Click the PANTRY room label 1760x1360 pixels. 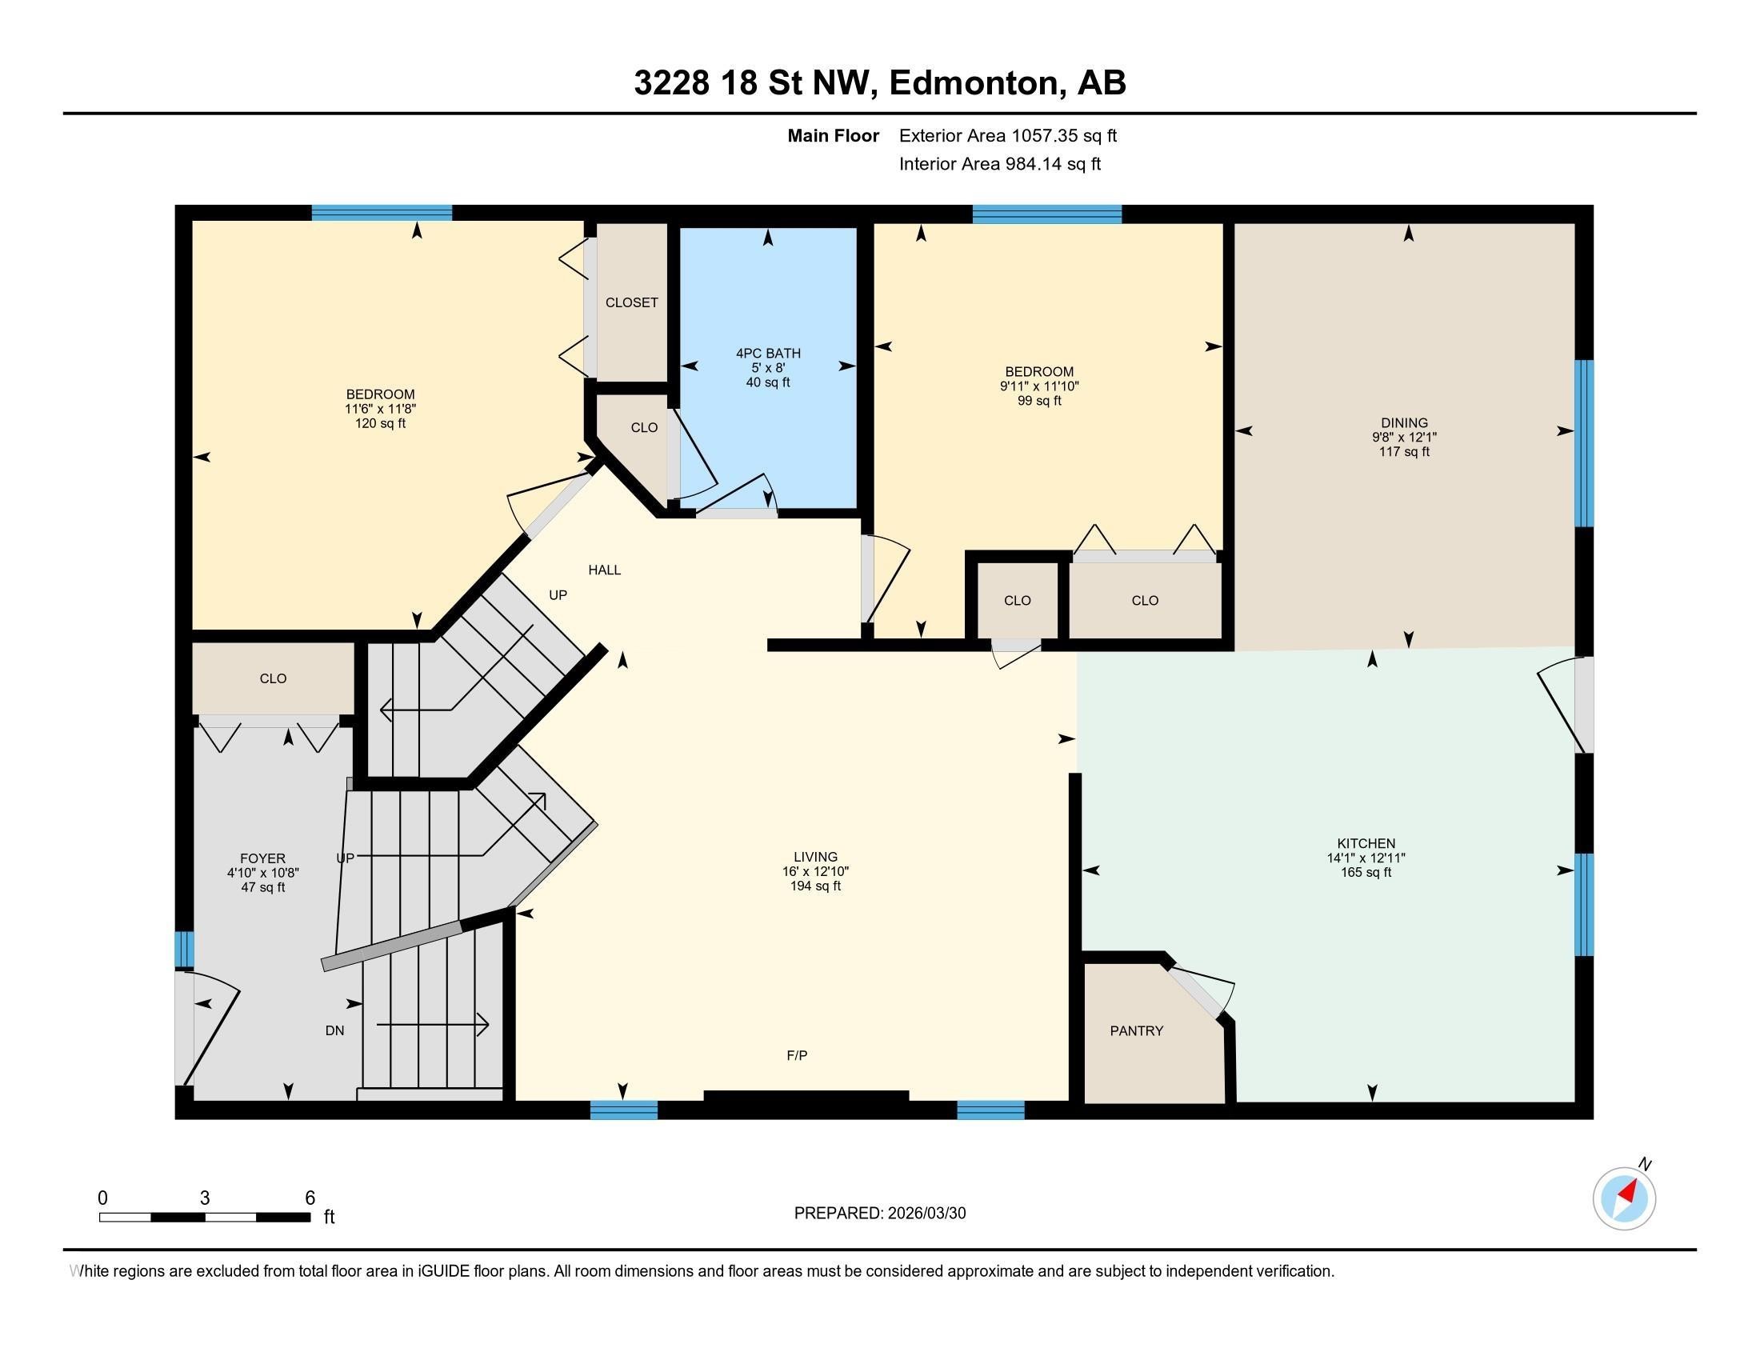click(1136, 1030)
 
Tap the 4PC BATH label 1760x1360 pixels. click(768, 353)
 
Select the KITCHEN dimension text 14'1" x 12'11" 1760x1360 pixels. click(1366, 858)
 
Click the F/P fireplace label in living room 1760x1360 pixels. click(797, 1054)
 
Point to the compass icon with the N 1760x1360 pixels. click(1624, 1198)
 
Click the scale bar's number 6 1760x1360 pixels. click(310, 1198)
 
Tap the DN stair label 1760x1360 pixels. click(334, 1030)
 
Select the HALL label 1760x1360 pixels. click(604, 570)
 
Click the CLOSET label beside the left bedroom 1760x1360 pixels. click(632, 302)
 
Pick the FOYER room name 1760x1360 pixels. click(262, 859)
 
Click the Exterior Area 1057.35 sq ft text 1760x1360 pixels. click(1007, 136)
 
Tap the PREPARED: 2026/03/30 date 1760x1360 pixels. click(879, 1214)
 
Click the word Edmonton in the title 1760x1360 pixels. click(973, 83)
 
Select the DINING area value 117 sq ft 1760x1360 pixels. click(1404, 452)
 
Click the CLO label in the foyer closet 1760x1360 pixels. click(273, 678)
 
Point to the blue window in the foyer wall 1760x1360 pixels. click(185, 948)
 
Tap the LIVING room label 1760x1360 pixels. click(815, 857)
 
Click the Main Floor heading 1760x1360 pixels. click(833, 136)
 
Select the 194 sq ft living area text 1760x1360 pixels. click(815, 886)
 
